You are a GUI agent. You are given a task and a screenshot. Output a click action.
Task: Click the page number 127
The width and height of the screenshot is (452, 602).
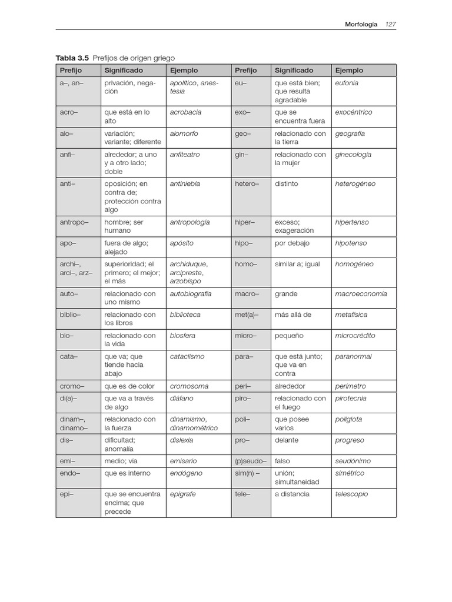391,24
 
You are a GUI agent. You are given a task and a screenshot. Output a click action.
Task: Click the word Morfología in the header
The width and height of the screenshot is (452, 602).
361,24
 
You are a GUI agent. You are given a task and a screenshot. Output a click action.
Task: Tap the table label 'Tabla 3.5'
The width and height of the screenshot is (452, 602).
72,58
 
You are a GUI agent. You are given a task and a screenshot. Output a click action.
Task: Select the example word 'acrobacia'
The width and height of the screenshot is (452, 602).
185,112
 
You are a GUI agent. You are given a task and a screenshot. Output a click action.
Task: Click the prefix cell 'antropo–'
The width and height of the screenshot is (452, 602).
74,222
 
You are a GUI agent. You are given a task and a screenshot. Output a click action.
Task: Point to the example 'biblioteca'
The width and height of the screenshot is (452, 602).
185,315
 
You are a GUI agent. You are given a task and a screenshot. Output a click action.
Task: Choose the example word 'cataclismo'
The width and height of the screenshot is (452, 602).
187,356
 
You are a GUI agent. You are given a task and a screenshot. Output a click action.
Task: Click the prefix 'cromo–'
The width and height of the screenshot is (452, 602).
72,386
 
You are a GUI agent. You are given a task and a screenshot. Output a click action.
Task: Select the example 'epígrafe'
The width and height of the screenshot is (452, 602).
182,494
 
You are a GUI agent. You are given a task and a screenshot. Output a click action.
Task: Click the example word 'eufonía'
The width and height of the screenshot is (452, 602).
347,83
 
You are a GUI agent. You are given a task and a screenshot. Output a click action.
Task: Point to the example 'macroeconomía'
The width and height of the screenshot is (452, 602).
361,294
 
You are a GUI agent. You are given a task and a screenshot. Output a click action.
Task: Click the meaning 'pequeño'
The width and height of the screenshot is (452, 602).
288,336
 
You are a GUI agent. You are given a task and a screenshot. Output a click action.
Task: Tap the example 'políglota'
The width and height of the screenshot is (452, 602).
348,420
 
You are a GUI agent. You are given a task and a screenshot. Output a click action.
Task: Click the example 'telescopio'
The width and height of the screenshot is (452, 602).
351,494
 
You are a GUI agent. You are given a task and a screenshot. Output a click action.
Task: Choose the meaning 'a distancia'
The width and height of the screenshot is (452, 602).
292,494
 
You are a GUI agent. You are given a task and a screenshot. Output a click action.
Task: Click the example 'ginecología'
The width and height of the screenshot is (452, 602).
353,155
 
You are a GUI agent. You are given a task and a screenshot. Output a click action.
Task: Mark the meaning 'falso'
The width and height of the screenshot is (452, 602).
282,461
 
